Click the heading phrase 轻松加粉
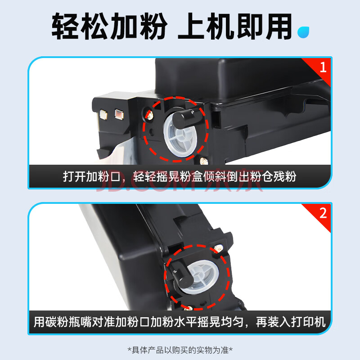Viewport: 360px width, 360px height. [109, 26]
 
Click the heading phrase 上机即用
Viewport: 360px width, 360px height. [235, 26]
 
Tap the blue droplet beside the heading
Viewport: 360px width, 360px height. [303, 32]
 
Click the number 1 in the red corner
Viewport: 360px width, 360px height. [323, 67]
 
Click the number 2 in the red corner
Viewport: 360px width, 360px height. [323, 213]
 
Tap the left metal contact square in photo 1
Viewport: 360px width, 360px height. [103, 114]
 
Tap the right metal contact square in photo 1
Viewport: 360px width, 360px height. [119, 114]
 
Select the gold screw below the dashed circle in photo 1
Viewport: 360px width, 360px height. [204, 161]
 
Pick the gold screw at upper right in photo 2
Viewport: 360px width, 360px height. [219, 248]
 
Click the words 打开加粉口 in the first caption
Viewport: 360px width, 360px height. [92, 177]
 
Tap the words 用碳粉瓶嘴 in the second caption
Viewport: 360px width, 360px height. [63, 322]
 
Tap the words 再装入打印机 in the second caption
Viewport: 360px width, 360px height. [291, 322]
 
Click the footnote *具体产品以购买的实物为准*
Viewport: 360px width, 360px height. [180, 350]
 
